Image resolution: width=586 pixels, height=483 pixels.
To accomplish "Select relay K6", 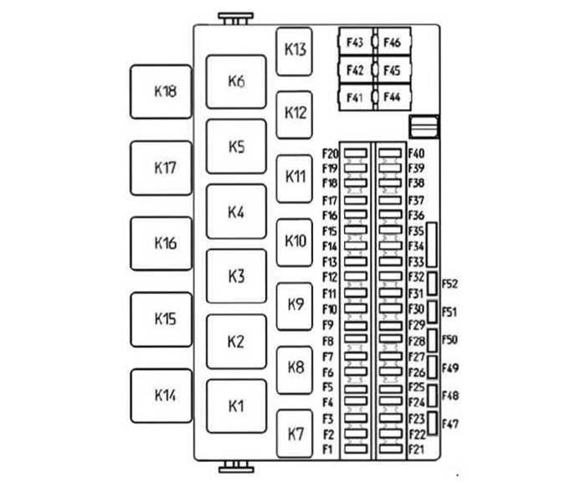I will (236, 82).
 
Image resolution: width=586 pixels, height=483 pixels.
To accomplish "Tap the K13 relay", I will (295, 49).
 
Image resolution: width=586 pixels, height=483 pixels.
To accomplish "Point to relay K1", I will (236, 406).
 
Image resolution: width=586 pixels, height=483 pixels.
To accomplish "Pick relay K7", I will (295, 434).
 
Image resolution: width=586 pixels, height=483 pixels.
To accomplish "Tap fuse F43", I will (354, 42).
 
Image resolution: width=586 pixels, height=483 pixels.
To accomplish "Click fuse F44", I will (391, 98).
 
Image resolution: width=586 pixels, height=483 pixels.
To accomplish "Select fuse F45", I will (391, 70).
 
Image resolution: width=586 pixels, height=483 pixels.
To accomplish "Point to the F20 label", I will (329, 153).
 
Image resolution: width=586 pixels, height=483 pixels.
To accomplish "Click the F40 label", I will (416, 153).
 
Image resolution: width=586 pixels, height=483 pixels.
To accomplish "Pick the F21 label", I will (416, 450).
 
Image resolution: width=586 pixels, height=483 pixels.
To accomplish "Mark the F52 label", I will (450, 284).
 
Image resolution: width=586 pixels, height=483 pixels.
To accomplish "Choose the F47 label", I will (450, 423).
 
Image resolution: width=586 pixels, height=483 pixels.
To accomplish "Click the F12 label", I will (329, 277).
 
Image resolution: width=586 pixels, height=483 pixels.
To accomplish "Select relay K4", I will (236, 213).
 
